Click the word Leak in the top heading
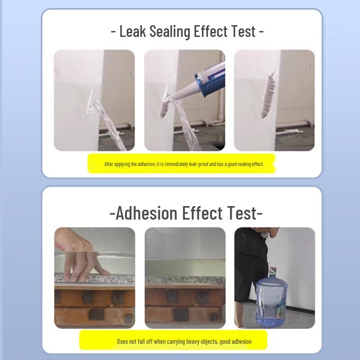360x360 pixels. coord(133,31)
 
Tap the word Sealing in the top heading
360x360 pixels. coord(170,31)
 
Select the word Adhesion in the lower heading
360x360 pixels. coord(147,213)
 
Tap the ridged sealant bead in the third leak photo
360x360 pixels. coord(268,94)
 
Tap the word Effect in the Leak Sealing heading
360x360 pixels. coord(211,31)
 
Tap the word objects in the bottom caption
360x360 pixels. coord(209,342)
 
